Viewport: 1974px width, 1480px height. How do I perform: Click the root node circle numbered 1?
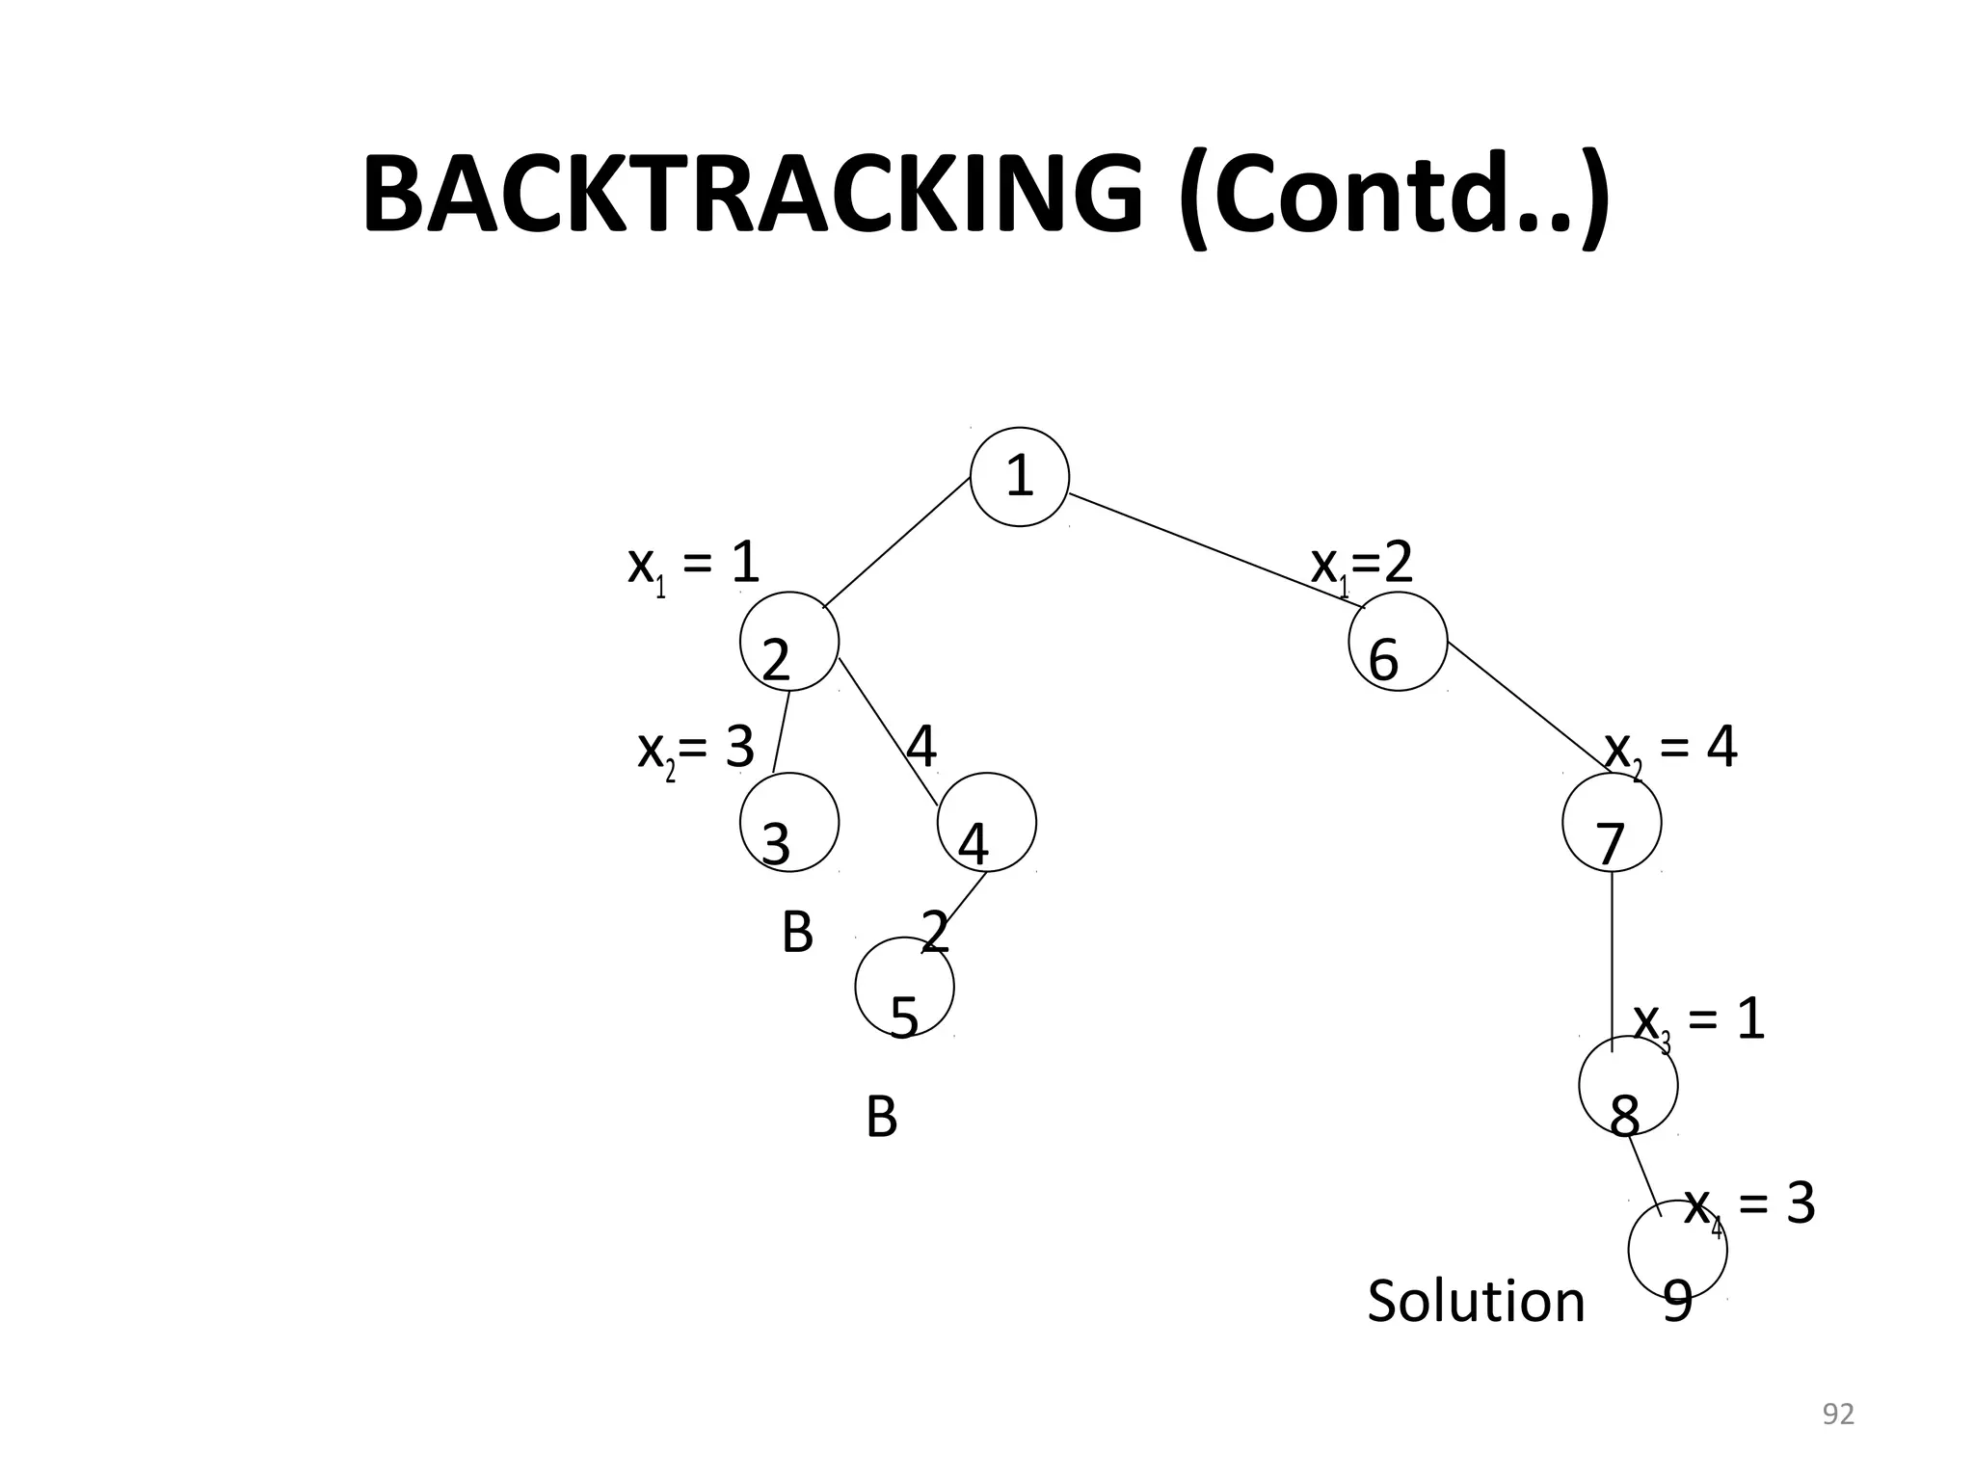click(1019, 476)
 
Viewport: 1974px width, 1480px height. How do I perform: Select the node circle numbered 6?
click(1398, 642)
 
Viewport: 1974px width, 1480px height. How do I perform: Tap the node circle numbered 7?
click(1612, 823)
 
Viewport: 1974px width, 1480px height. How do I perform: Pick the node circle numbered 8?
click(1628, 1086)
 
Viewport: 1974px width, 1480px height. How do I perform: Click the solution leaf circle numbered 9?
click(1677, 1251)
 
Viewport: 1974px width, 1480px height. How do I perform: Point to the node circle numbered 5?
click(904, 987)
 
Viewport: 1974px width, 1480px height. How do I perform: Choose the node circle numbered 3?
click(789, 823)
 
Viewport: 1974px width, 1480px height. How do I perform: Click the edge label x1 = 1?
click(693, 565)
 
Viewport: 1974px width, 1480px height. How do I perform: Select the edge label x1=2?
click(1362, 565)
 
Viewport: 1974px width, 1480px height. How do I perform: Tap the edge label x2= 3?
click(695, 749)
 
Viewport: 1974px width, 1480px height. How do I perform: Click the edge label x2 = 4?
click(1670, 749)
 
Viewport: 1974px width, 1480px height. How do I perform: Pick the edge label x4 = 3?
click(1748, 1206)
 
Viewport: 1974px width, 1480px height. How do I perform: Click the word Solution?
click(1476, 1301)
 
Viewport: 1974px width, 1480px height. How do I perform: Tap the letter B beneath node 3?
click(797, 933)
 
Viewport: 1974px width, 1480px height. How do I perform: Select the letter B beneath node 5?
click(881, 1118)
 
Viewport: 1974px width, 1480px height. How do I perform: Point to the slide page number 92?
click(1838, 1414)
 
